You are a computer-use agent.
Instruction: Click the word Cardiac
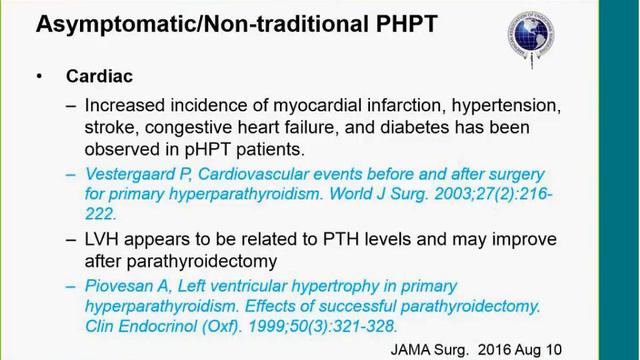pos(99,77)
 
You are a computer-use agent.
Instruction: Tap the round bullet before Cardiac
pos(40,77)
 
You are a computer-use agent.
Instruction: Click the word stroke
pos(109,127)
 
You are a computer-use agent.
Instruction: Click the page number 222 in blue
pos(100,213)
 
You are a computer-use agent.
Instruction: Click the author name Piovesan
pos(122,285)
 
